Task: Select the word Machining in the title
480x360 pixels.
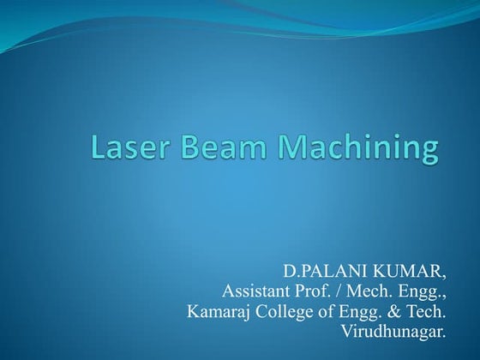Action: point(350,149)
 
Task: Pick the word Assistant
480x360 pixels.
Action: point(255,293)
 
